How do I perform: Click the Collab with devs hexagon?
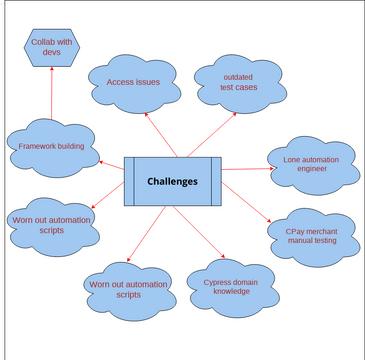[51, 47]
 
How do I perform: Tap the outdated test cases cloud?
[237, 82]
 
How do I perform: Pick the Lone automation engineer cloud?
[312, 164]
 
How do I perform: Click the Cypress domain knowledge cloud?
[231, 288]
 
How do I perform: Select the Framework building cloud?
[52, 147]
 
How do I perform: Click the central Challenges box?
[171, 181]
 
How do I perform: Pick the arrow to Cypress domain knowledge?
[207, 235]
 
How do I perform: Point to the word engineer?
[311, 169]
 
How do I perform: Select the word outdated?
[238, 76]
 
